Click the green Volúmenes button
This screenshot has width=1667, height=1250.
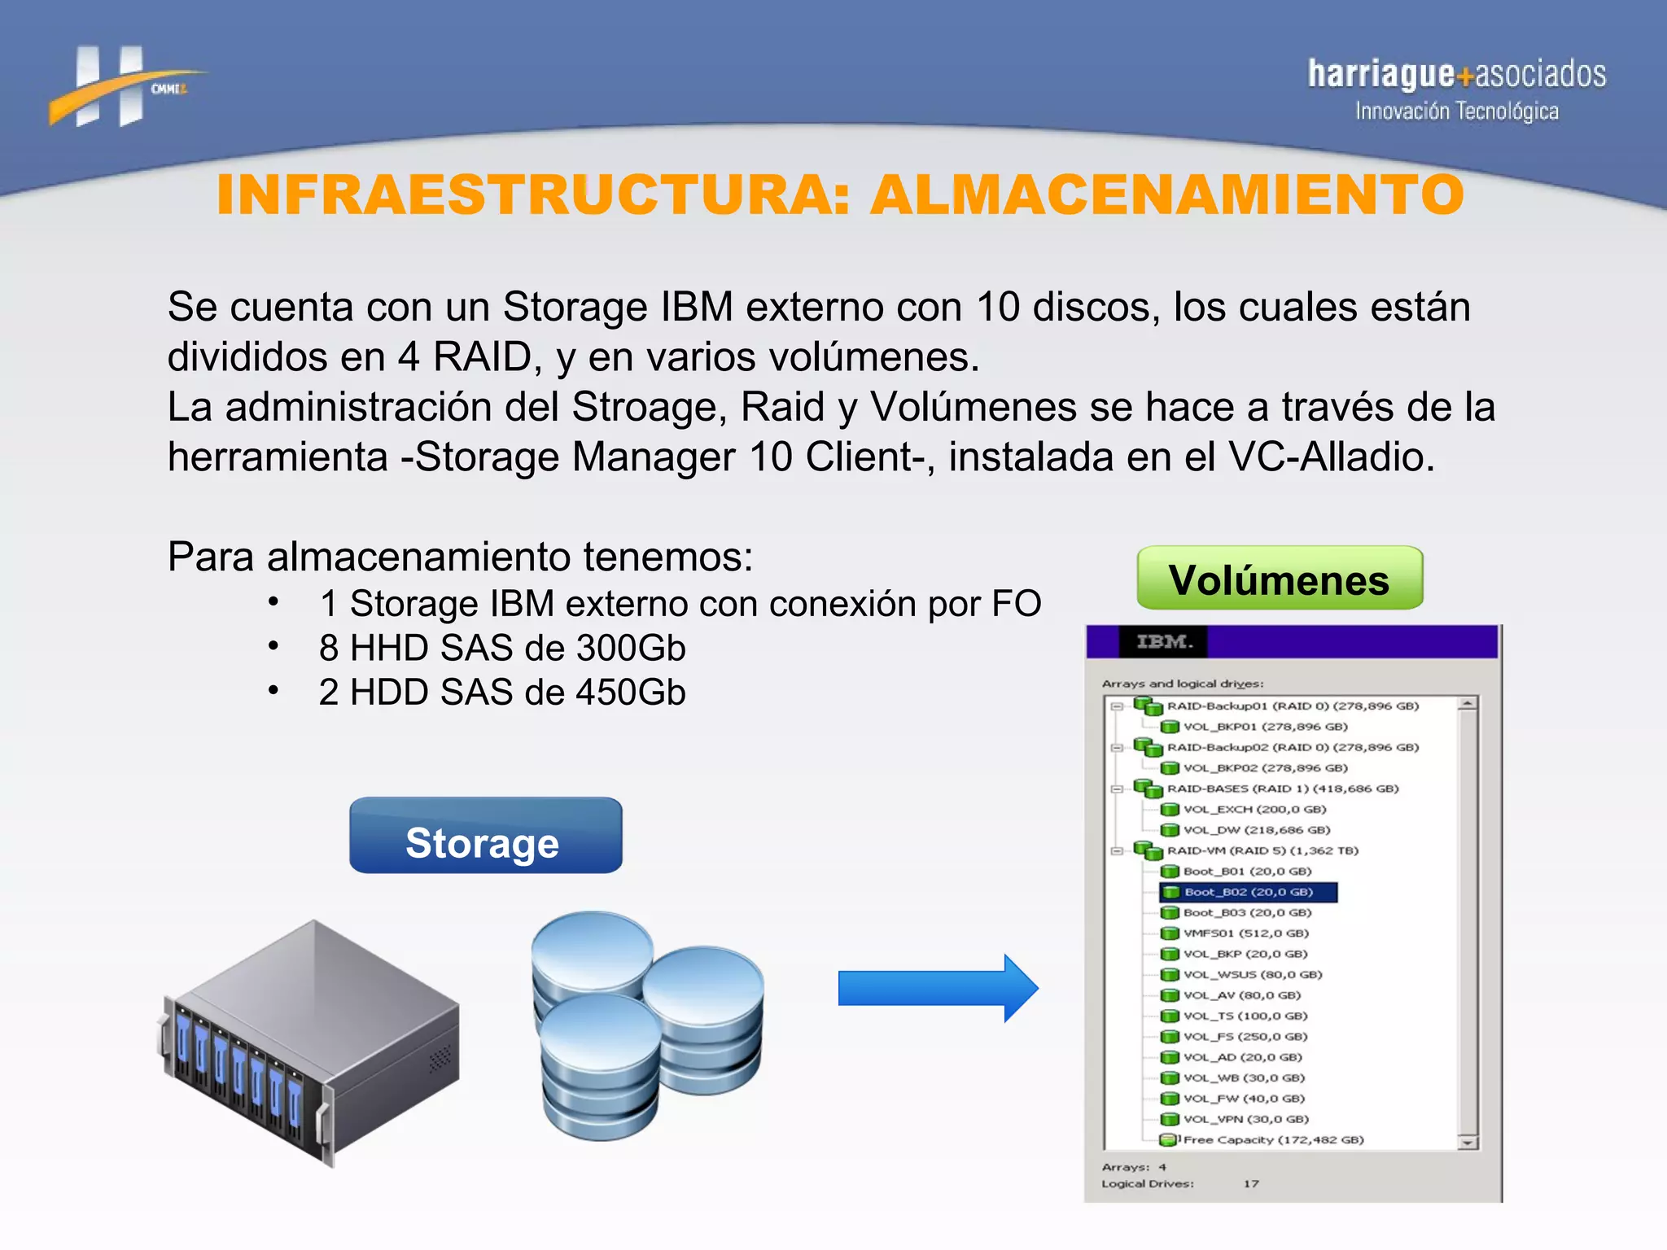pyautogui.click(x=1279, y=579)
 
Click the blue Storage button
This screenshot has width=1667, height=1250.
pyautogui.click(x=485, y=836)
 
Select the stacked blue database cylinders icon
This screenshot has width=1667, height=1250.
pyautogui.click(x=646, y=1025)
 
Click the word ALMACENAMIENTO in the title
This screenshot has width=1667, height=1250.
pyautogui.click(x=1166, y=195)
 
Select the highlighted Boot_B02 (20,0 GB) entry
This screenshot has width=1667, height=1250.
pyautogui.click(x=1249, y=893)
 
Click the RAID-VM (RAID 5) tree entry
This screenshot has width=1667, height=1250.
pyautogui.click(x=1262, y=851)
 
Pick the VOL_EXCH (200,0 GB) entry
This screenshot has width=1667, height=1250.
pyautogui.click(x=1254, y=810)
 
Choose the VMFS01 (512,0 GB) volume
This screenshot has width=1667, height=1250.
pyautogui.click(x=1245, y=933)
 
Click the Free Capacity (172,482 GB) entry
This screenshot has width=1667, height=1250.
pyautogui.click(x=1273, y=1140)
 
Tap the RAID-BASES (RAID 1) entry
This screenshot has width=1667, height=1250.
pyautogui.click(x=1282, y=789)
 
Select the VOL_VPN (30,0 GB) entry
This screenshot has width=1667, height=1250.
pyautogui.click(x=1245, y=1120)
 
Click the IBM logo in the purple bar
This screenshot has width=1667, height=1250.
pyautogui.click(x=1164, y=642)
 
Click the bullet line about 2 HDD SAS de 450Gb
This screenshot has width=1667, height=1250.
pyautogui.click(x=501, y=693)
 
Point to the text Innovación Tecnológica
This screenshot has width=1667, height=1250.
pyautogui.click(x=1456, y=111)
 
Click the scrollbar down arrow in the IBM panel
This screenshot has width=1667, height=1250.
pyautogui.click(x=1468, y=1143)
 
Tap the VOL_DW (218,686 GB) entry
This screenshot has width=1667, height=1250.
pyautogui.click(x=1256, y=830)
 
